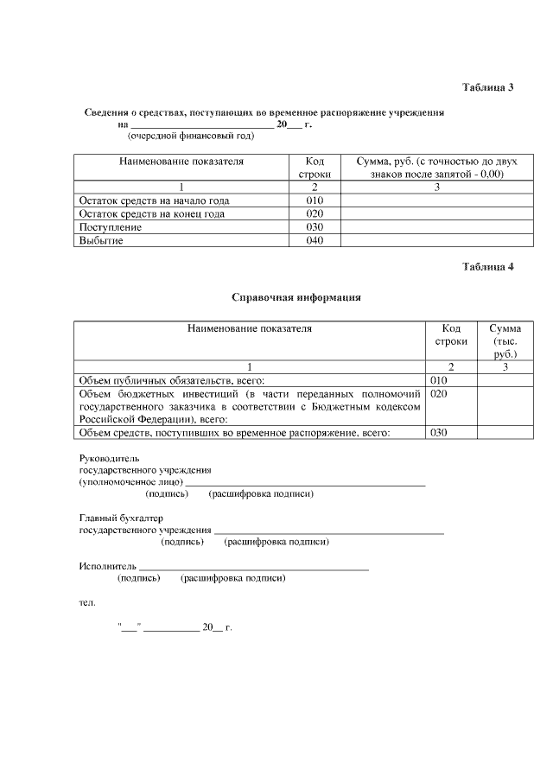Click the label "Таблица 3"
click(488, 88)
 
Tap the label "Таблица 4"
click(488, 267)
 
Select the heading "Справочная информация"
click(296, 297)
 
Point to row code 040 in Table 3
click(315, 241)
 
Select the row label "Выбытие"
click(101, 241)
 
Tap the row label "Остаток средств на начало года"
click(154, 200)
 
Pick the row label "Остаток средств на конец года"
click(152, 214)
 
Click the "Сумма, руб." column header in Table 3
click(429, 168)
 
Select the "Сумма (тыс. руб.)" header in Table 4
click(505, 341)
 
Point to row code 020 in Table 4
click(438, 393)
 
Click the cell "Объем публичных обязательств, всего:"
click(171, 380)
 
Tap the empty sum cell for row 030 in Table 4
click(505, 433)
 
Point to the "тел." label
click(87, 602)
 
